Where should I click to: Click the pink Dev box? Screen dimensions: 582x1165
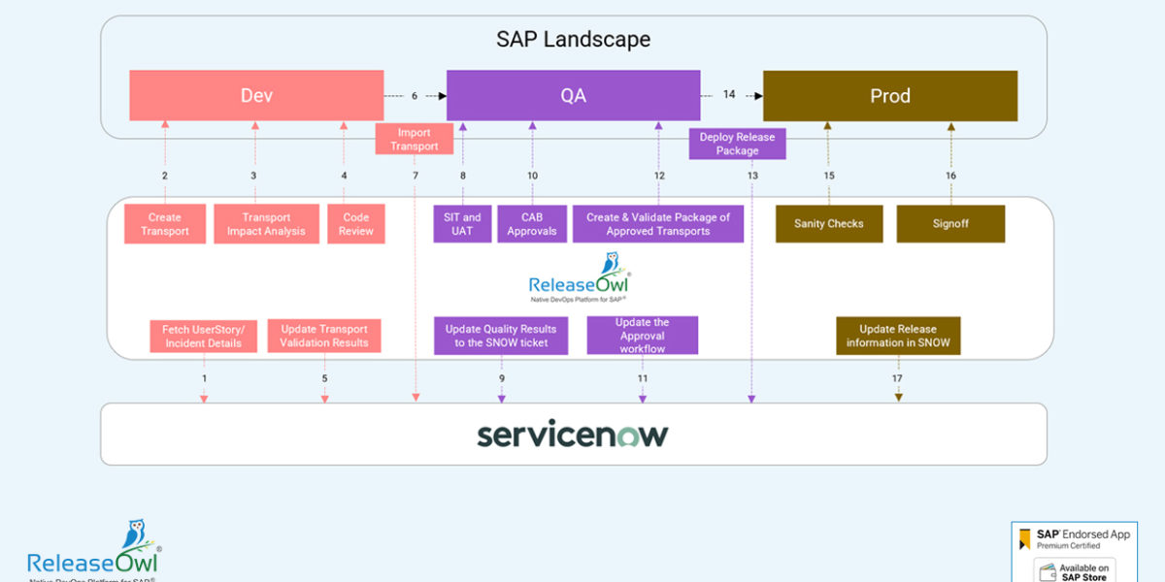pyautogui.click(x=256, y=95)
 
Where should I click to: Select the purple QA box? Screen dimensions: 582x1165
pyautogui.click(x=573, y=95)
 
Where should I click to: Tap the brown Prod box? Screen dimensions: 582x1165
pyautogui.click(x=889, y=95)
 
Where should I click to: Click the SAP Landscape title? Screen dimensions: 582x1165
pyautogui.click(x=573, y=40)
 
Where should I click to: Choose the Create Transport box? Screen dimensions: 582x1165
pyautogui.click(x=165, y=224)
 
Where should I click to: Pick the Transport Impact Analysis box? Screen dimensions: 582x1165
pyautogui.click(x=266, y=224)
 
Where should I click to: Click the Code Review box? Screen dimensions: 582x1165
pyautogui.click(x=356, y=224)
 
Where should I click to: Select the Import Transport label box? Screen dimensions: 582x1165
pyautogui.click(x=415, y=139)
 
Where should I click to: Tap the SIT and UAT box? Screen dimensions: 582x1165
pyautogui.click(x=462, y=224)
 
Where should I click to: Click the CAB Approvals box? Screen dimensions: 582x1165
pyautogui.click(x=532, y=224)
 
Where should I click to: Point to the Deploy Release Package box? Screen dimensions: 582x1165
pyautogui.click(x=738, y=144)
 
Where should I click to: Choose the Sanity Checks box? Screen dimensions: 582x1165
pyautogui.click(x=829, y=224)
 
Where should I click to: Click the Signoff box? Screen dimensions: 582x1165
pyautogui.click(x=950, y=224)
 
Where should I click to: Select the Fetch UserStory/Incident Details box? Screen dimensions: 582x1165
pyautogui.click(x=204, y=336)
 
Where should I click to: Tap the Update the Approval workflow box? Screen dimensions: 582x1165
pyautogui.click(x=642, y=336)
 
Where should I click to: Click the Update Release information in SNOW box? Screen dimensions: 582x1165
pyautogui.click(x=898, y=336)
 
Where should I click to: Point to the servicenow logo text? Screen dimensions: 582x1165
pyautogui.click(x=573, y=435)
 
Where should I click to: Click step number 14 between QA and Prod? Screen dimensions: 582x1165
pyautogui.click(x=729, y=95)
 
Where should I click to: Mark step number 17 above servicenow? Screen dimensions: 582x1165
pyautogui.click(x=897, y=378)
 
